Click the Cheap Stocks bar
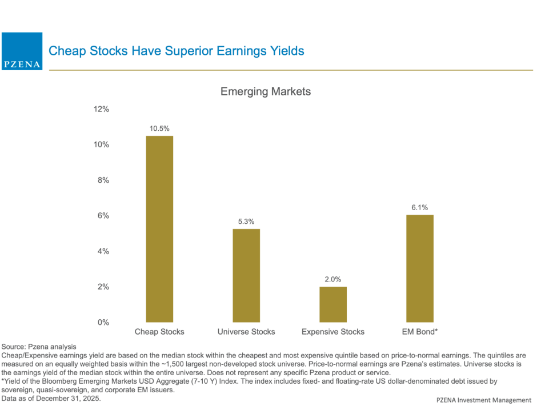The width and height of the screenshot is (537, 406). click(159, 229)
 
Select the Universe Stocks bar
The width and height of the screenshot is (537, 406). click(246, 275)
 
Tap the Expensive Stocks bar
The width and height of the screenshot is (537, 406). click(332, 304)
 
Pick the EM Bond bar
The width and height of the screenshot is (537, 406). click(420, 268)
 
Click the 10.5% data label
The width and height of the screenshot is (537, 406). click(159, 128)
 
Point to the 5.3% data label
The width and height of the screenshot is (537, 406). click(246, 221)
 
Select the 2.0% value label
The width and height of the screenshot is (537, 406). click(332, 279)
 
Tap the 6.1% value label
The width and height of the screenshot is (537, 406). click(420, 207)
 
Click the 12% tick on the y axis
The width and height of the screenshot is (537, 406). click(101, 109)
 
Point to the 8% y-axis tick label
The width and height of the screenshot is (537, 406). click(103, 180)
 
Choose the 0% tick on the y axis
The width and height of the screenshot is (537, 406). click(103, 323)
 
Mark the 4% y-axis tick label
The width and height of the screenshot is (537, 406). click(103, 251)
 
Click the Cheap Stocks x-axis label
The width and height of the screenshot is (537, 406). click(159, 332)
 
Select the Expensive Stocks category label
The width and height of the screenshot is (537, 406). click(332, 332)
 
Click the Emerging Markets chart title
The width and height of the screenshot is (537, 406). click(266, 91)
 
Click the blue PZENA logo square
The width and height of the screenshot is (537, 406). click(22, 51)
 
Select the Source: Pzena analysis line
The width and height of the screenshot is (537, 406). click(38, 347)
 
